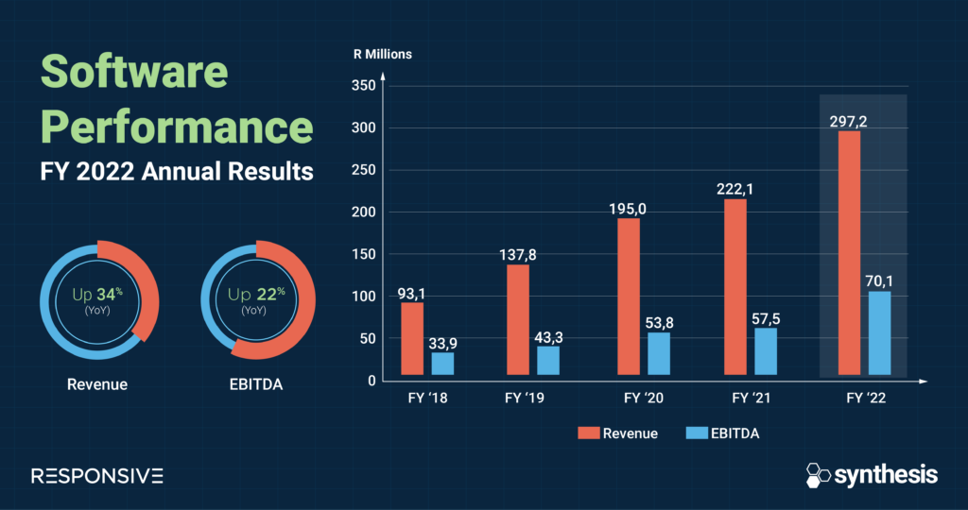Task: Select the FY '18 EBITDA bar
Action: point(442,364)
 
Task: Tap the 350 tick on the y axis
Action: point(363,86)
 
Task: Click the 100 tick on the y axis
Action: point(363,297)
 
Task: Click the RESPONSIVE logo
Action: point(97,475)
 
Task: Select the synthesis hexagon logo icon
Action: point(818,474)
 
